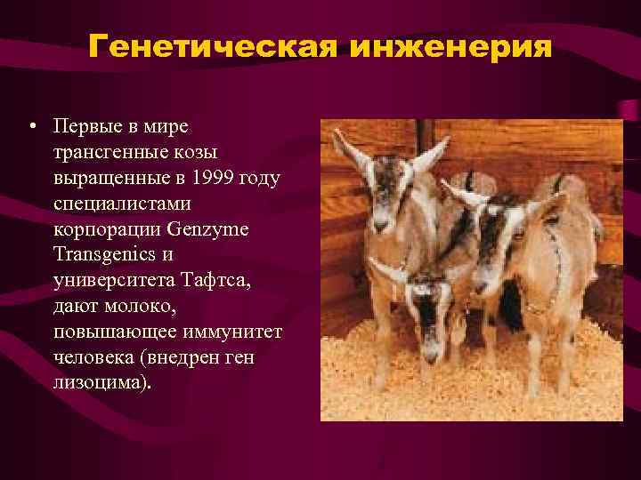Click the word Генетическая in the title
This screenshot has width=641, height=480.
tap(211, 45)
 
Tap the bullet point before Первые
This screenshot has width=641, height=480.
tap(32, 126)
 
